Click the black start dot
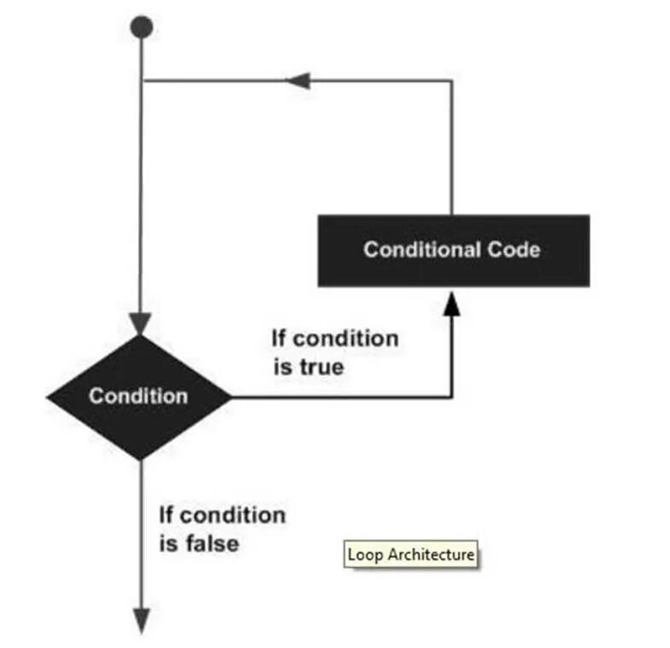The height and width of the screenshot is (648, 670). point(142,27)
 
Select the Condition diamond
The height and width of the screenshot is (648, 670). point(139,397)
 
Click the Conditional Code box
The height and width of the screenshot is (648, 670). point(453,249)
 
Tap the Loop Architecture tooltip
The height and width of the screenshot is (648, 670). point(411,554)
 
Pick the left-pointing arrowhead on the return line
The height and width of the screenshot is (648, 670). point(297,81)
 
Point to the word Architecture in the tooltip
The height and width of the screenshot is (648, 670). point(430,554)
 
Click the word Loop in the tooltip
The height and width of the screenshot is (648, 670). point(366,554)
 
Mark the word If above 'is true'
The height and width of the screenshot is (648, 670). point(279,339)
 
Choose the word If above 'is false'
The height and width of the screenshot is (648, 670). point(167,515)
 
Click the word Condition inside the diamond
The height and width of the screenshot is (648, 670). point(138,397)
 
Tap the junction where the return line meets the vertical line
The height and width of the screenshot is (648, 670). point(142,81)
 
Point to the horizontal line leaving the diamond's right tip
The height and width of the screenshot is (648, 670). point(341,397)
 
